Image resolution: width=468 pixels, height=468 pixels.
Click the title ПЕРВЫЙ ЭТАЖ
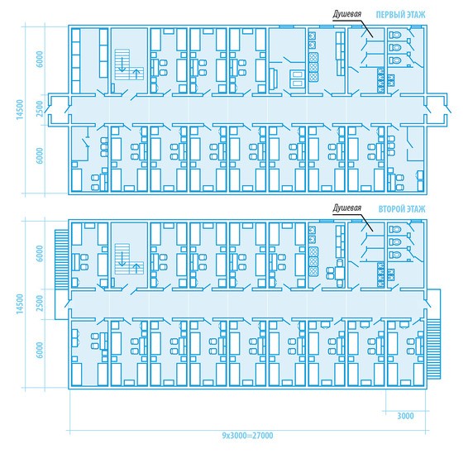tap(400, 15)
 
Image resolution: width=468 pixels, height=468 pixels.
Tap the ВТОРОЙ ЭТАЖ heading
tap(402, 209)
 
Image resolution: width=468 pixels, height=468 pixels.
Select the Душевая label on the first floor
tap(347, 14)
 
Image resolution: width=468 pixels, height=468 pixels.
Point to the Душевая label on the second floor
tap(347, 208)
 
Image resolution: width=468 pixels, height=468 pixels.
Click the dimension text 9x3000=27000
tap(247, 436)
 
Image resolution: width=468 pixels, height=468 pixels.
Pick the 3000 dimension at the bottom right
tap(405, 416)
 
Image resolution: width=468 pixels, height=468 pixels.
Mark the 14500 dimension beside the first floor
tap(20, 109)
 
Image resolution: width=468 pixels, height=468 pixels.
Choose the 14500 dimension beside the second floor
tap(20, 303)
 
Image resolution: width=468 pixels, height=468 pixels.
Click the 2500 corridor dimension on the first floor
tap(40, 109)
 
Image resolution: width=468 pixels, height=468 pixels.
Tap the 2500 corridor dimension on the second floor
tap(40, 303)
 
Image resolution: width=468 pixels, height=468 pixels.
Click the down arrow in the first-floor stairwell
tap(122, 64)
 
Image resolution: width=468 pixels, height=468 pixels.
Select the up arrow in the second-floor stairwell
tap(136, 268)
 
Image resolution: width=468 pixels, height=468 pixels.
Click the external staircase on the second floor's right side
tap(433, 349)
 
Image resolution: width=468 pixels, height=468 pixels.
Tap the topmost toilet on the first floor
tap(394, 35)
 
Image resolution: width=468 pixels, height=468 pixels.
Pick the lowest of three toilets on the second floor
tap(394, 255)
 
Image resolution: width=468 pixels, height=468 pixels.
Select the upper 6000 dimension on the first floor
tap(40, 59)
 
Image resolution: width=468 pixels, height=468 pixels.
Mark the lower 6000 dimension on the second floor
tap(40, 350)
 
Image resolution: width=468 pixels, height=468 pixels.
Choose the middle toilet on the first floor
tap(394, 47)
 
